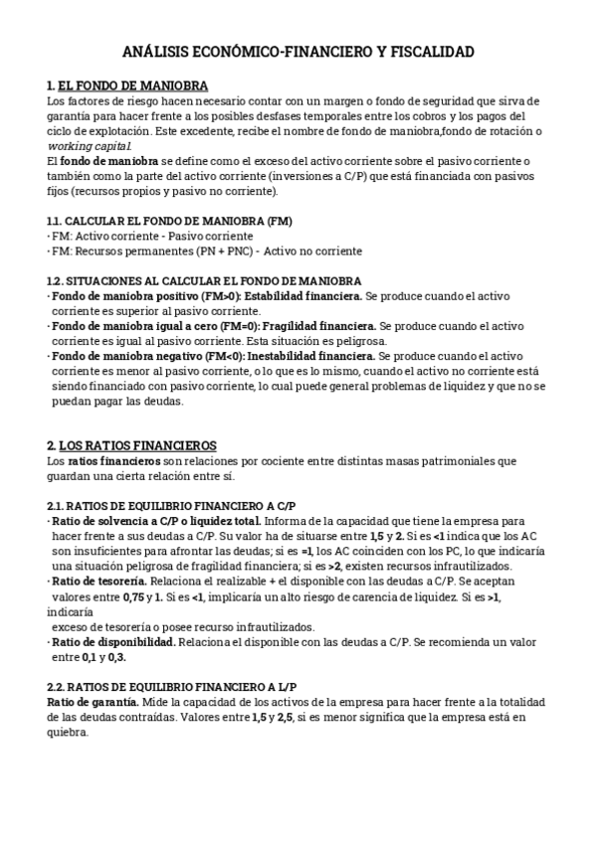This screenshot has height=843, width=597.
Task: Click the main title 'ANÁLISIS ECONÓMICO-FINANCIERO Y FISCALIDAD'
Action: point(298,51)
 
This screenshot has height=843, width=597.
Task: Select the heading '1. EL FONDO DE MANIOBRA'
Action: point(127,86)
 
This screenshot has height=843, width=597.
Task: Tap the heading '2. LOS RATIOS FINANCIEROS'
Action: point(131,445)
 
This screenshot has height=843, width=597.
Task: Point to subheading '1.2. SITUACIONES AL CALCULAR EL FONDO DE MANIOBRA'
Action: point(204,281)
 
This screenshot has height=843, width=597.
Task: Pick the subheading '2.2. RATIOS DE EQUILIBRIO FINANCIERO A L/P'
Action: point(172,687)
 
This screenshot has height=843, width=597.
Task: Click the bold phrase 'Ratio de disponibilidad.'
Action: point(114,641)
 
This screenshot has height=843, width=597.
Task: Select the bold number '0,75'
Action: point(103,596)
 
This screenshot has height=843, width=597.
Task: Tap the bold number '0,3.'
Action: point(116,657)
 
